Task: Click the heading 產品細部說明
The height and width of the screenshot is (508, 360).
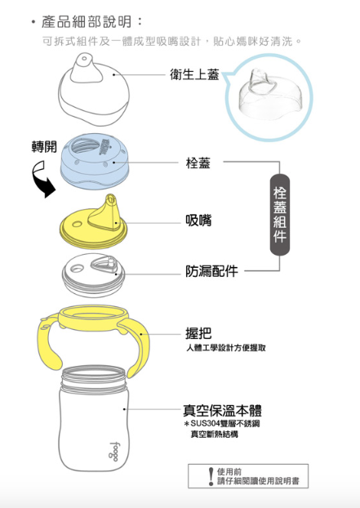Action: click(92, 20)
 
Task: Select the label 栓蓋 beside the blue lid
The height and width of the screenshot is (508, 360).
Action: click(198, 163)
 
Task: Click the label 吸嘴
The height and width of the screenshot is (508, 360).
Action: click(198, 221)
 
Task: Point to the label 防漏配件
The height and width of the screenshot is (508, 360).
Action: click(211, 271)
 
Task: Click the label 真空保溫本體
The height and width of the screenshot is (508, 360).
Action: click(221, 409)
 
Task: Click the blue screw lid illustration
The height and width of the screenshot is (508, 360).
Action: click(96, 161)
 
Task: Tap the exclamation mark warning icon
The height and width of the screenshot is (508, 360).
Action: click(210, 475)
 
